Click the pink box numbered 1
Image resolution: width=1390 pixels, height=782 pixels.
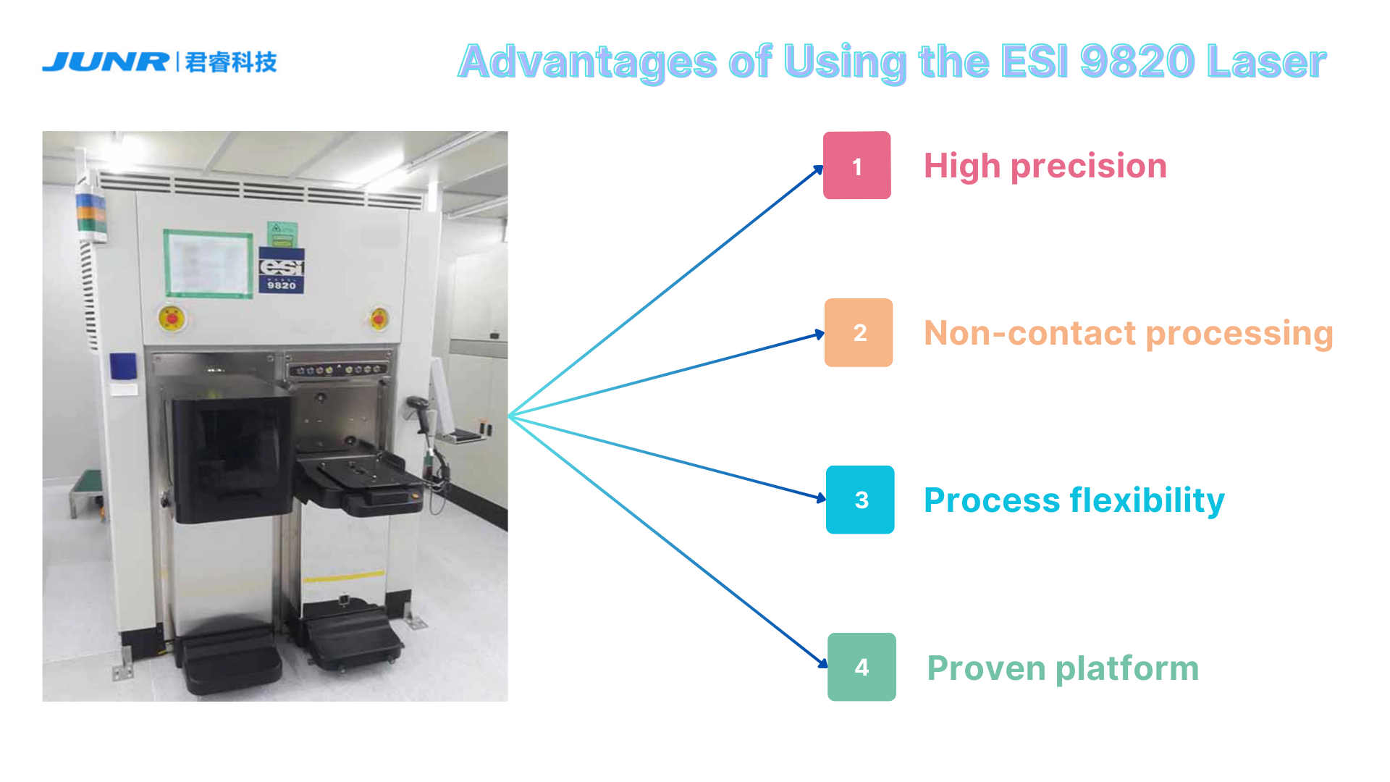click(x=856, y=165)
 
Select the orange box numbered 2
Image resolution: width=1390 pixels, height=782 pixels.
click(x=859, y=332)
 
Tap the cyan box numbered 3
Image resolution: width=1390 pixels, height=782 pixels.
click(x=860, y=500)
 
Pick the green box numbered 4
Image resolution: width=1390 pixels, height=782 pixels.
click(x=862, y=667)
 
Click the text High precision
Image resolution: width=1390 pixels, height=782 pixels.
click(x=1045, y=166)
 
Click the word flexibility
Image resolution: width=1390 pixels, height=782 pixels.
click(x=1147, y=500)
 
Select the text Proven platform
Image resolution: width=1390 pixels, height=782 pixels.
click(x=1063, y=668)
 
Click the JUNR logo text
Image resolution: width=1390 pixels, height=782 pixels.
click(x=106, y=62)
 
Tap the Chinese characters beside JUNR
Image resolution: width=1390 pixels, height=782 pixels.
click(x=231, y=62)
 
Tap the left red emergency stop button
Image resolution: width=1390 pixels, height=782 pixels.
click(x=172, y=318)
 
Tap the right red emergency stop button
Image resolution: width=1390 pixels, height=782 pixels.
click(x=378, y=318)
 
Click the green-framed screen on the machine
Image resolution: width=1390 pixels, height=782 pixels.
click(x=208, y=264)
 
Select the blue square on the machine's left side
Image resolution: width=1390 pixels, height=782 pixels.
click(x=122, y=366)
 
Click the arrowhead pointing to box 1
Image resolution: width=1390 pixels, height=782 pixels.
click(x=818, y=170)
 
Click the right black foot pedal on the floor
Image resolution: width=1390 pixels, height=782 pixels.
click(x=353, y=639)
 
